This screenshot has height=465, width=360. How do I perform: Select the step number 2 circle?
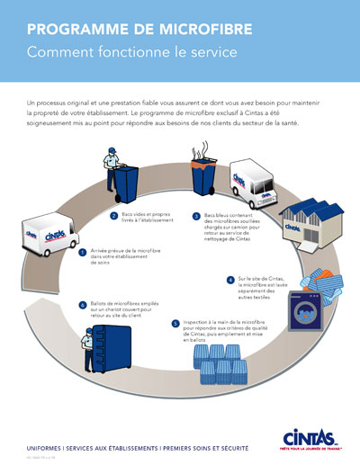pos(114,216)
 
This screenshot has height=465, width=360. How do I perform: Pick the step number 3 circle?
pos(197,217)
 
